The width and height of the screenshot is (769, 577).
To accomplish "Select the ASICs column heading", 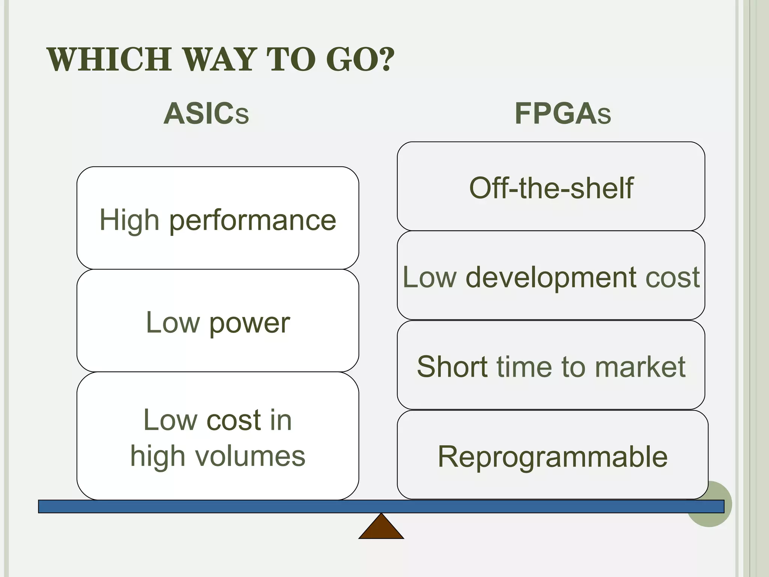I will click(206, 113).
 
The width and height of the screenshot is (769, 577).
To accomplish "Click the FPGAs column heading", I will click(562, 113).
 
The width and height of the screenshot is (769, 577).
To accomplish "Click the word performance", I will click(252, 221).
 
